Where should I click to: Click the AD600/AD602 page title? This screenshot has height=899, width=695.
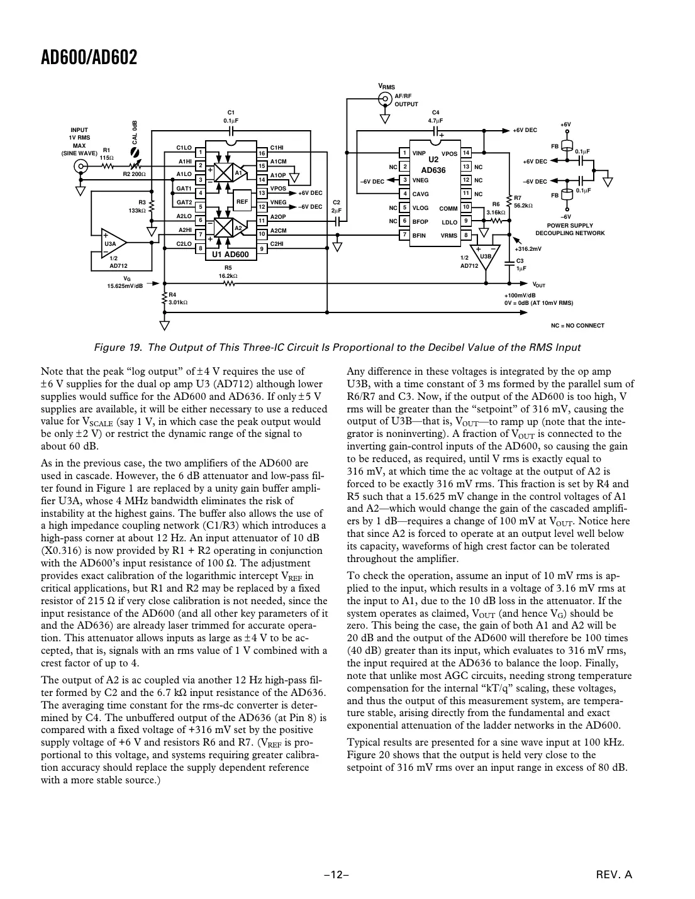coord(89,58)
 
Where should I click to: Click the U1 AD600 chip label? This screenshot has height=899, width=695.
coord(230,255)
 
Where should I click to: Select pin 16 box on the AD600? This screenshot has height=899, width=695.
coord(262,153)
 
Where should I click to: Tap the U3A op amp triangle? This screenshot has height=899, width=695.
coord(113,243)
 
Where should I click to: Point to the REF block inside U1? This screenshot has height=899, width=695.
coord(242,202)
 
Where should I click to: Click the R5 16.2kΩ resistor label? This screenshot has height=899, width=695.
coord(228,272)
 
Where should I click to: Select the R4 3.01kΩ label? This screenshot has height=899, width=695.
coord(178,299)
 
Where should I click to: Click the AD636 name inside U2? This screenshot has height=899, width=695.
coord(433,170)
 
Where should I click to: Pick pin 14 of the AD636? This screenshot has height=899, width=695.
coord(466,153)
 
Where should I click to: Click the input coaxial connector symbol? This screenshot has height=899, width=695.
coord(81,167)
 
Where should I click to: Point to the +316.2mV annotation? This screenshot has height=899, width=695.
coord(528,249)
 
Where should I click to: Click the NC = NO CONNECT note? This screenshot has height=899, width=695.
coord(577,326)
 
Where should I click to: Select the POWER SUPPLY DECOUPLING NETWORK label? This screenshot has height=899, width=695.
coord(569,229)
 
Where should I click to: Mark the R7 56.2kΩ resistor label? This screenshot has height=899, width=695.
coord(523,202)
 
